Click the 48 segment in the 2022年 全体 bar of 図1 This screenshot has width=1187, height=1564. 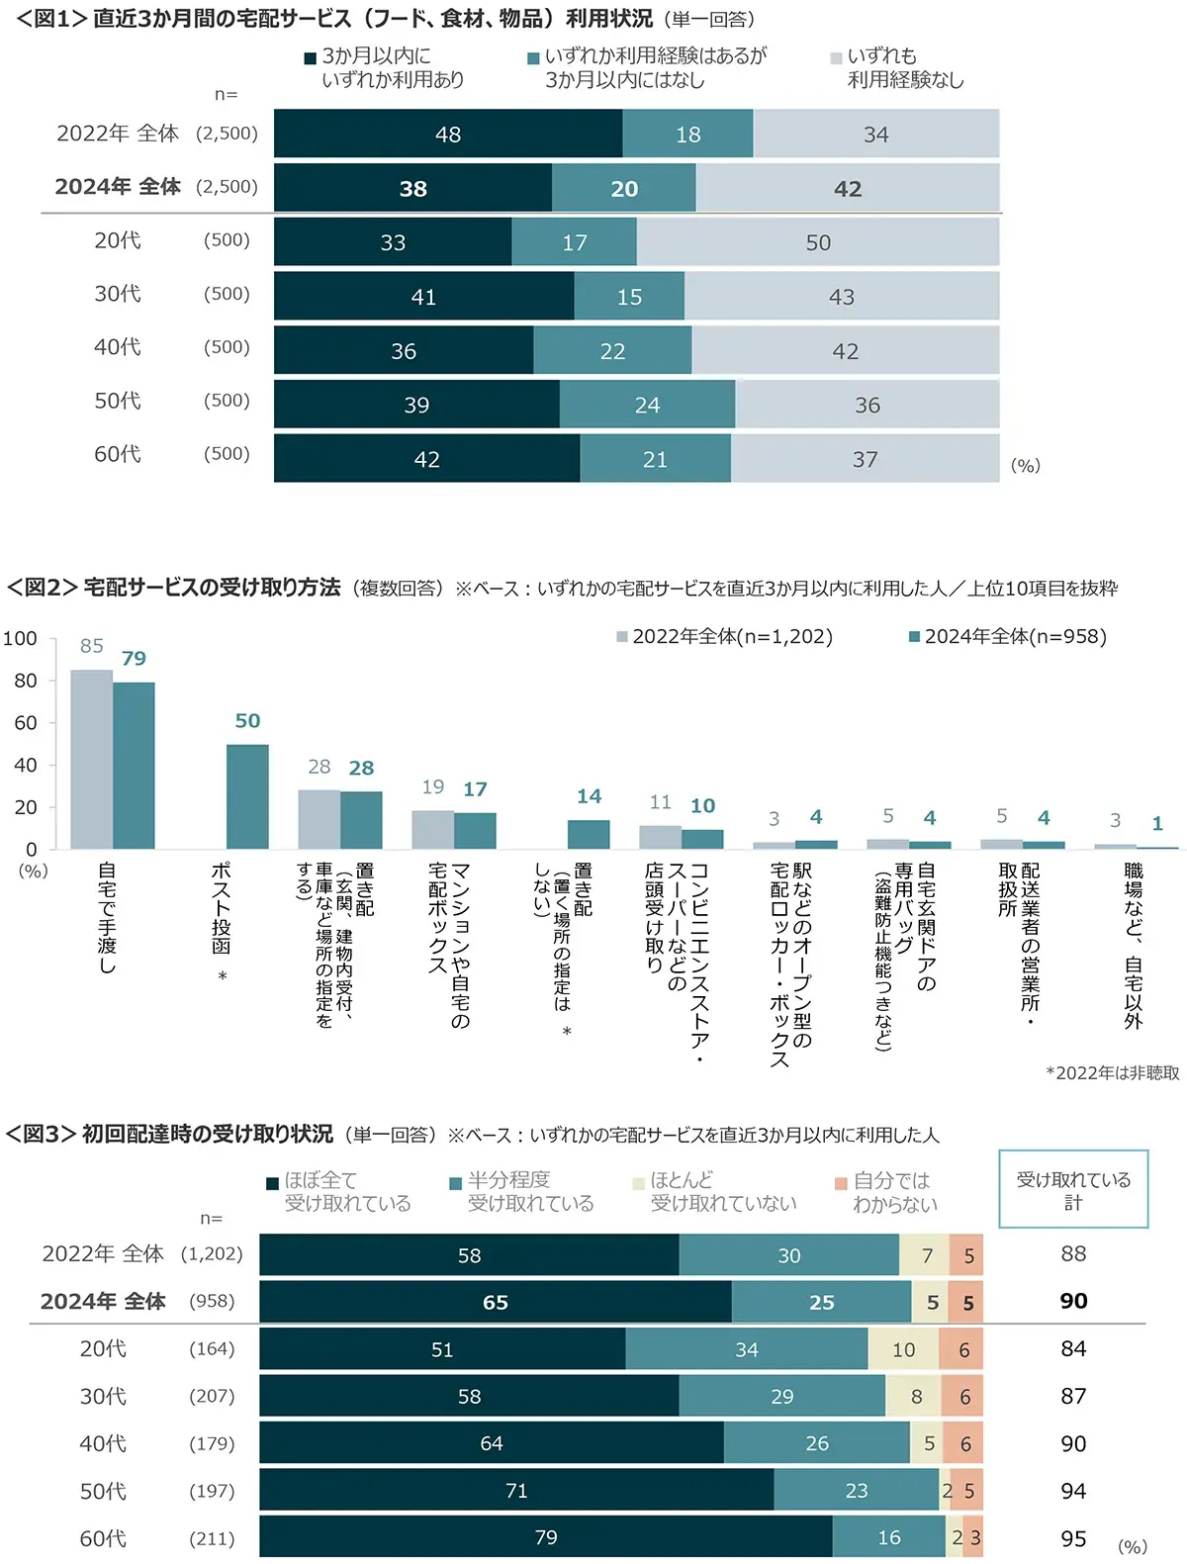(448, 135)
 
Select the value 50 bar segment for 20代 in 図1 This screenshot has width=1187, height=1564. (817, 242)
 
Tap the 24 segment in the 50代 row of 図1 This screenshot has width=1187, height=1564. (647, 405)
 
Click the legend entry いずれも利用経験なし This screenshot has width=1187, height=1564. (898, 68)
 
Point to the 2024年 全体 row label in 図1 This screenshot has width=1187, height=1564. (118, 187)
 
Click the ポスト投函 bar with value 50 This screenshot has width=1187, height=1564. (247, 795)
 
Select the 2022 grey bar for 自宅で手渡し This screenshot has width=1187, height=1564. (91, 759)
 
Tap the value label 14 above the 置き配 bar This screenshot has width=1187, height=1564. (589, 796)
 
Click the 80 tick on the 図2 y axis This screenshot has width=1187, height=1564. (26, 681)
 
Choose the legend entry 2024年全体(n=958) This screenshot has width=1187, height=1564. (1009, 637)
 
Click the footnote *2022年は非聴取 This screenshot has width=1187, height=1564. (1112, 1073)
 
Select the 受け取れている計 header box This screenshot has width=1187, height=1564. (1073, 1190)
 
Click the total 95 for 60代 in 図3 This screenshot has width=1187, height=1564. (1073, 1538)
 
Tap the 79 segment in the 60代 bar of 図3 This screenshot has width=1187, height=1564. (546, 1537)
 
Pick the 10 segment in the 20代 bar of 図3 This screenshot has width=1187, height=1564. (904, 1349)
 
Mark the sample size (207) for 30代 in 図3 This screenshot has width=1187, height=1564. (212, 1396)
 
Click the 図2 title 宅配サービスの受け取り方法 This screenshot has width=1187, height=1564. (212, 588)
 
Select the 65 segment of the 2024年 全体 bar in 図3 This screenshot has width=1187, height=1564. (496, 1303)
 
